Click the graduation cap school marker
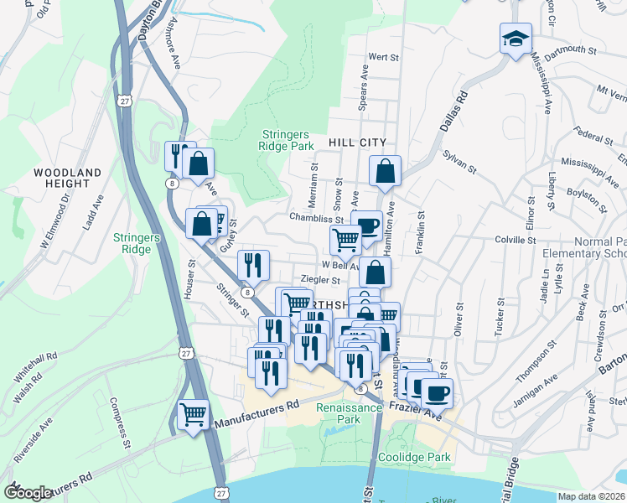(x=516, y=39)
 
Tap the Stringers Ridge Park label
(x=285, y=141)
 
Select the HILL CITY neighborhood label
(x=357, y=143)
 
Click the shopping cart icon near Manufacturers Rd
(x=194, y=414)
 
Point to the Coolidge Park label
(x=418, y=458)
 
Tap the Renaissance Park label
(x=350, y=412)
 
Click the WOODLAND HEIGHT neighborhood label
(x=67, y=178)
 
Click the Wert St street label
(x=382, y=57)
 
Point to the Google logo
(x=28, y=493)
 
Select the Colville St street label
(x=516, y=241)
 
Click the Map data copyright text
(x=591, y=496)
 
